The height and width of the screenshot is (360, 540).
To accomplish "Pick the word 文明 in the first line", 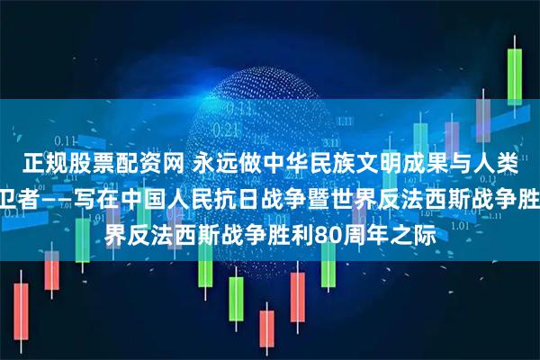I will click(x=367, y=164).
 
